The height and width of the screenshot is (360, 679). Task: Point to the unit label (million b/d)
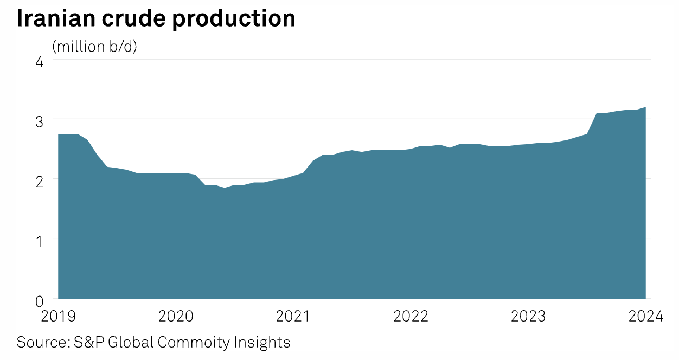coord(95,47)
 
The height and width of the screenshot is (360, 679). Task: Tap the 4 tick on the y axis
coord(39,61)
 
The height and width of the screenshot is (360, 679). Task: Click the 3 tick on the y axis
coord(39,121)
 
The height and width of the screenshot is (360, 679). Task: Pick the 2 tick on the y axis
coord(39,181)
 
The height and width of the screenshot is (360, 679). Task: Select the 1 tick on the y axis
coord(40,240)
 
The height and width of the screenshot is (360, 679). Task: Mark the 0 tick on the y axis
coord(39,300)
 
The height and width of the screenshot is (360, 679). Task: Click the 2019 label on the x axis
coord(58,316)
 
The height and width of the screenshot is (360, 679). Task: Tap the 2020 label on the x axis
coord(176,316)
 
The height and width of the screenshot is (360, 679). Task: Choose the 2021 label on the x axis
coord(293,316)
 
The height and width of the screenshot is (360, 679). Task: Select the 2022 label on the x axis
coord(411,316)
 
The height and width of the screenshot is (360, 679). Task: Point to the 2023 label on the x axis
coord(528,316)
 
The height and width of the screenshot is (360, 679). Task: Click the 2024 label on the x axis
coord(645,316)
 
